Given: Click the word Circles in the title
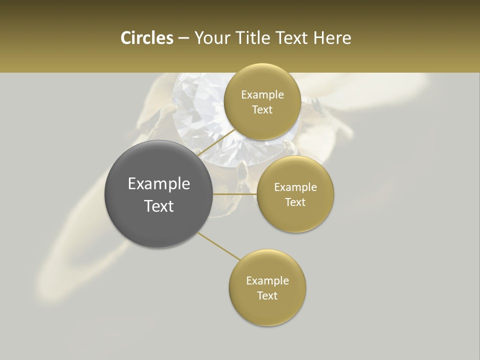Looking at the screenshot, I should pos(146,38).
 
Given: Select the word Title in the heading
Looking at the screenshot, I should pos(251,38).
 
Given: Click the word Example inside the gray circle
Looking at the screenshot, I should pos(159,184).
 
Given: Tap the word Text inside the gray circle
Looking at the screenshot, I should pos(159,206).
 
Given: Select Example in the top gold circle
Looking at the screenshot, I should pos(262,95).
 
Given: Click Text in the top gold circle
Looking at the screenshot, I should pos(262,110).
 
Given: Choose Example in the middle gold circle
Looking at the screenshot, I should pos(295,187).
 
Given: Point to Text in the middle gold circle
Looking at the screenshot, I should pos(295,202).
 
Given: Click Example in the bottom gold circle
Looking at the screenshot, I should pos(267,281).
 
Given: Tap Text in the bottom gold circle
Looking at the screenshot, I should pos(267,296).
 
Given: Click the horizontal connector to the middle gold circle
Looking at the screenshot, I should pos(235,194).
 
